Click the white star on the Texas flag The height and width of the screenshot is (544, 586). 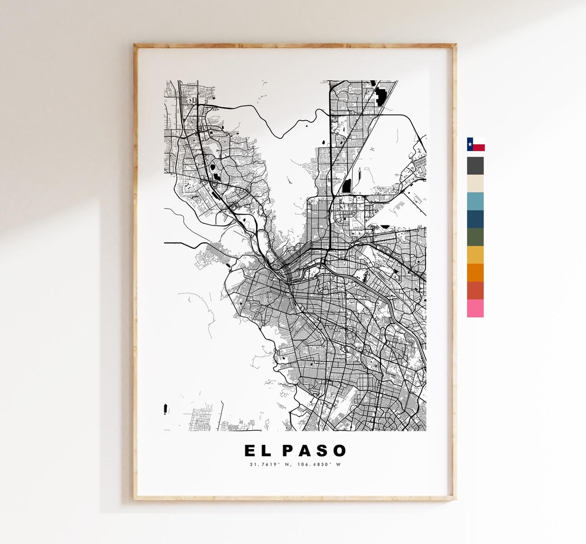470,144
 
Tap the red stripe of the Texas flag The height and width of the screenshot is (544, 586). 479,147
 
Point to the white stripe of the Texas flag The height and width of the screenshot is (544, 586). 479,141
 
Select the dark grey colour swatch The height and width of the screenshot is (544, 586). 475,165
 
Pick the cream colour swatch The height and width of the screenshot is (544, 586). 475,183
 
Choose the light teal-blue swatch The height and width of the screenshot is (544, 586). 475,201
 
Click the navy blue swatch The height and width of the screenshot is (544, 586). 475,219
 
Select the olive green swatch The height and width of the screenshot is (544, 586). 475,237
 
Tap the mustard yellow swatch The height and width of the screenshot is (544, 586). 475,255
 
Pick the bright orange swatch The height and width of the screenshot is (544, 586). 475,273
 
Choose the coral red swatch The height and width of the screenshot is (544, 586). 475,290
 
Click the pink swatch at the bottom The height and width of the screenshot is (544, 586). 475,308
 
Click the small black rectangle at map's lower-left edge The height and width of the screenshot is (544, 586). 165,409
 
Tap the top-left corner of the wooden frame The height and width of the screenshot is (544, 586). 136,46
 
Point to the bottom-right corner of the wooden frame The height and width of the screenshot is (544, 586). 454,498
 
